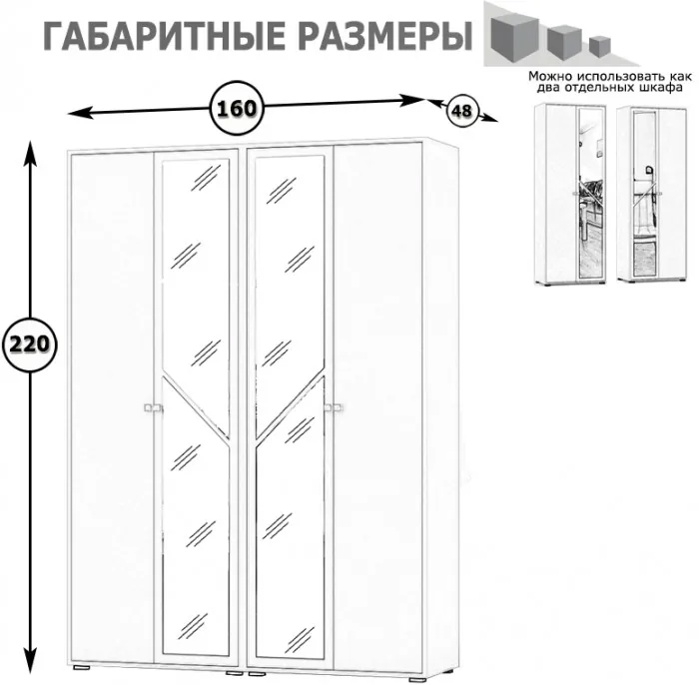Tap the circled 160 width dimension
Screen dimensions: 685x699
(x=238, y=103)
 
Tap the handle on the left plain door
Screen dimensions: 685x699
(x=151, y=406)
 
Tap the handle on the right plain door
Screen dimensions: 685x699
(x=335, y=405)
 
